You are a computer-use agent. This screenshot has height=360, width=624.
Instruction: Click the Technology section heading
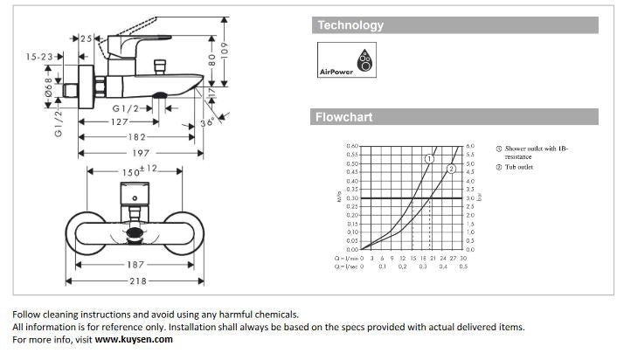coord(350,26)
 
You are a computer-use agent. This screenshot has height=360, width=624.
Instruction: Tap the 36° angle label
coord(207,123)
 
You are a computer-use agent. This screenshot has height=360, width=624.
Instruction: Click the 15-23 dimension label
coord(38,57)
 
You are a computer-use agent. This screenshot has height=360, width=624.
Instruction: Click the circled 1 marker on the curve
coord(429,159)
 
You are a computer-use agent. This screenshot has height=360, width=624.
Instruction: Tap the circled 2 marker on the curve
coord(451,168)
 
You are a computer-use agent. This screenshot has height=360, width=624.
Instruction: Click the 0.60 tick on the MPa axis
coord(352,147)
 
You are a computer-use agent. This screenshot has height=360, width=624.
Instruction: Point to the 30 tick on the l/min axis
coord(463,259)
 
